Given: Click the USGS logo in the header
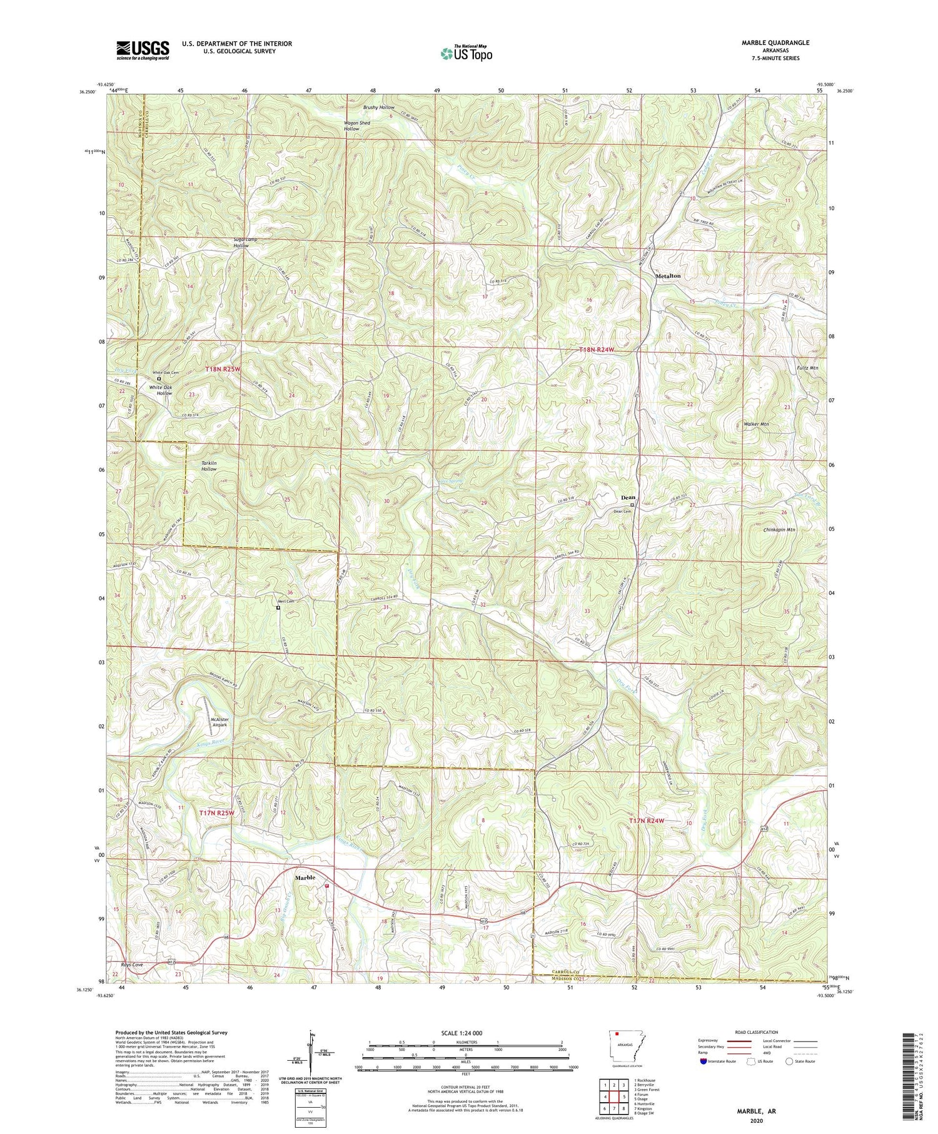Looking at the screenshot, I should [x=143, y=50].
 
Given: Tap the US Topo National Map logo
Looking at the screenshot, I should [x=465, y=53].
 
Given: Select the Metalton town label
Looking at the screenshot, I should [x=668, y=276].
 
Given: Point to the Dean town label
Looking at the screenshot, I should [x=628, y=498].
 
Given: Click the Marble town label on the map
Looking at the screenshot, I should [x=307, y=877].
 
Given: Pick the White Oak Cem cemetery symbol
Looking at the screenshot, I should [x=159, y=378].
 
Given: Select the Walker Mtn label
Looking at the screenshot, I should [x=756, y=424].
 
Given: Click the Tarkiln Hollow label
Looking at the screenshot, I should [x=208, y=466].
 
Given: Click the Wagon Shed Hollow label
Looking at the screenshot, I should [x=357, y=126].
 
